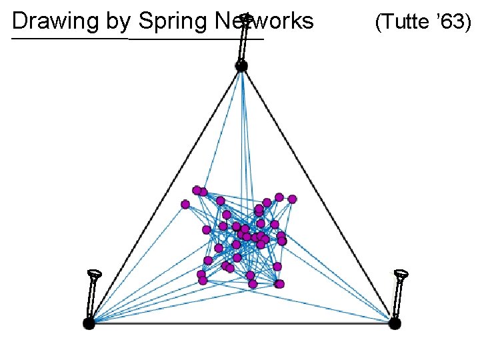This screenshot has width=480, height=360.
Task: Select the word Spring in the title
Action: [173, 21]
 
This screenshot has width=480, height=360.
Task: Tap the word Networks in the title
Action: [265, 21]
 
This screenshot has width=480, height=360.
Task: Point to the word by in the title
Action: [117, 21]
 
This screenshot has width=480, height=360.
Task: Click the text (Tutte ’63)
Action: [423, 23]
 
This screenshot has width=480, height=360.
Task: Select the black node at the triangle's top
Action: [241, 66]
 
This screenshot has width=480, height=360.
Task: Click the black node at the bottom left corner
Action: [89, 323]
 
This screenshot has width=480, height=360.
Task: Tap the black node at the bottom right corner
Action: [395, 323]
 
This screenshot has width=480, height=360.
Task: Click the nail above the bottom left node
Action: [94, 293]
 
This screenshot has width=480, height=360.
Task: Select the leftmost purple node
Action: [185, 204]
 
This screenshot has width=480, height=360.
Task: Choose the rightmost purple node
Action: [292, 199]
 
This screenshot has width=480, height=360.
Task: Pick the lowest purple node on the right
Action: [279, 284]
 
